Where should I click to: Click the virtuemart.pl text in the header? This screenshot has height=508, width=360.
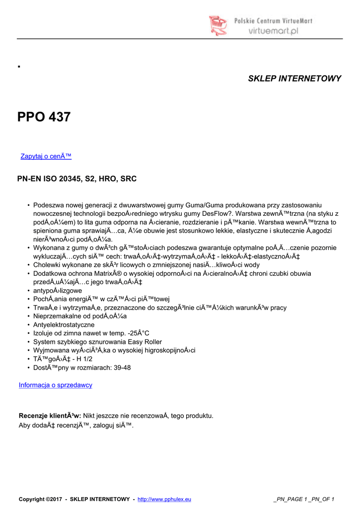point(273,30)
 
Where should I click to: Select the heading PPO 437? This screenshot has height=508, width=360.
point(44,117)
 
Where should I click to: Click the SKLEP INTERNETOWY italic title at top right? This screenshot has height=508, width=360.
point(294,79)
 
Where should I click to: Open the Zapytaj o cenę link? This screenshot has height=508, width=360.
point(46,156)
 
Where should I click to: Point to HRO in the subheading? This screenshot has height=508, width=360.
point(108,179)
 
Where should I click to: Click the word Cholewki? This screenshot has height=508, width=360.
point(47,265)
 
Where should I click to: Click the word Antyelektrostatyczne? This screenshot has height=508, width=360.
point(64,324)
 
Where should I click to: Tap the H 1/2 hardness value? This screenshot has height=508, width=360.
point(82,359)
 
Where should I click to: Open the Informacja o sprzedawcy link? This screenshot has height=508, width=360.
point(55,385)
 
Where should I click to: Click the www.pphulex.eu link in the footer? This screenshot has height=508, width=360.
point(164,499)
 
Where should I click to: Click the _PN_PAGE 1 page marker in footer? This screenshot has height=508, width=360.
point(293,499)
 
